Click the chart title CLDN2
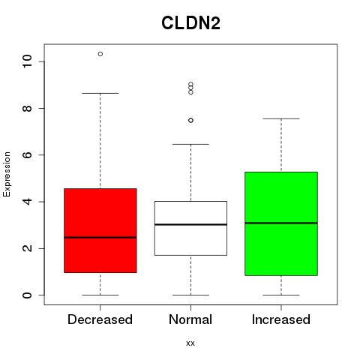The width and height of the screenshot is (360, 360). (190, 23)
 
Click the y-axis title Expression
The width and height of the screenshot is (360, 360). (7, 174)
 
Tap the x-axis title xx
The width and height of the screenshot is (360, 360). (190, 343)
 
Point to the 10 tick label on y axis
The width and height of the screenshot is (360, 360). (27, 61)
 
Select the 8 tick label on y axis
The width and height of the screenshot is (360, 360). (27, 108)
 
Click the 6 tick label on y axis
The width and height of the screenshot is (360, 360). (27, 154)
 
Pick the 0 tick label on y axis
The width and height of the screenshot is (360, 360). (27, 295)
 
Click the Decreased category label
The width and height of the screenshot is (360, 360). (100, 319)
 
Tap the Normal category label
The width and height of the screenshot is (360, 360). (190, 319)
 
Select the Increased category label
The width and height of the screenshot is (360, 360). (281, 319)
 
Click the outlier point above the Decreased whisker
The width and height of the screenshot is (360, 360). (100, 54)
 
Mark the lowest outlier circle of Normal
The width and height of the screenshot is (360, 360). (190, 121)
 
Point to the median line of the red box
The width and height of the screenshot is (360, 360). (100, 238)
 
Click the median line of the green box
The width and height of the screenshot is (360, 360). (281, 223)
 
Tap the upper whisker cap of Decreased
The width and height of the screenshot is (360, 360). (100, 93)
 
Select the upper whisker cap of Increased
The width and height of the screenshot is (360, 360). (281, 118)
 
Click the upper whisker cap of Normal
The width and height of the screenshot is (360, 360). (190, 144)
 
